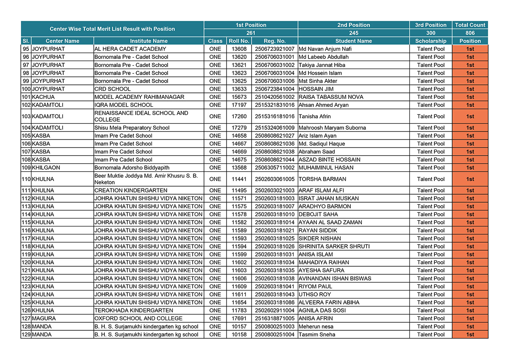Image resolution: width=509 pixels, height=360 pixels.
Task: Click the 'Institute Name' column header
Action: (x=148, y=41)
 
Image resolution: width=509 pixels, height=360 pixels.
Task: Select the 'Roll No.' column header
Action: (x=239, y=41)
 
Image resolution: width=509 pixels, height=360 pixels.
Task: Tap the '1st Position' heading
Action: (x=251, y=25)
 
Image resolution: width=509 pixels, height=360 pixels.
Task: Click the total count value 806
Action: (x=470, y=33)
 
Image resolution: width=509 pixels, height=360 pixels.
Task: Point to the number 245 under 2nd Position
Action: (x=353, y=33)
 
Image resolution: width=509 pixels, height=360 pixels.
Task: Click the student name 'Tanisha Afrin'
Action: (x=314, y=116)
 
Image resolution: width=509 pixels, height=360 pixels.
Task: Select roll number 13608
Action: (x=239, y=49)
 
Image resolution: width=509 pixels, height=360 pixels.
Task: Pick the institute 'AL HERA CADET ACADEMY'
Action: (x=130, y=49)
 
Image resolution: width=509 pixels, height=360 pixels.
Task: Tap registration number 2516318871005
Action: (x=274, y=318)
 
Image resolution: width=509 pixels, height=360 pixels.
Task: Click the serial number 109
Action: (x=26, y=167)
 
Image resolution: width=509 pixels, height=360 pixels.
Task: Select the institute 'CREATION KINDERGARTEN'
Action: (x=131, y=190)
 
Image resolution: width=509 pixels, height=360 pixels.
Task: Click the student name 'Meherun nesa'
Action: (x=316, y=327)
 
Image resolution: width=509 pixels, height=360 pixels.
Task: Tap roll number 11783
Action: (x=239, y=310)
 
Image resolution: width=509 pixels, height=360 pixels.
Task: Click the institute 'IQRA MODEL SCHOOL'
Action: (x=124, y=105)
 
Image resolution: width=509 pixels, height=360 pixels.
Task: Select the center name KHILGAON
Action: (x=46, y=167)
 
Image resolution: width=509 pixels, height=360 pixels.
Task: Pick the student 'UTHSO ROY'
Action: (x=315, y=294)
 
